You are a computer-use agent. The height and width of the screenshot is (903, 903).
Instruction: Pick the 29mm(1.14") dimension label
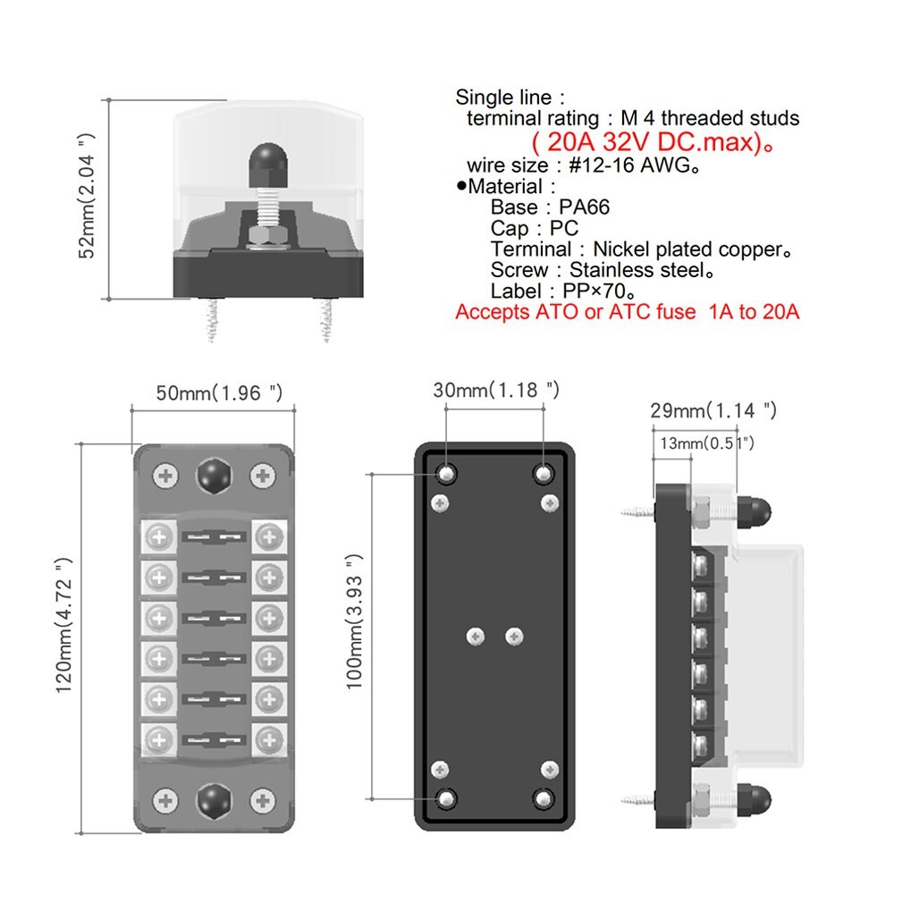point(713,410)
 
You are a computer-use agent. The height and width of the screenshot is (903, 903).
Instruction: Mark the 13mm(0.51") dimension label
point(706,443)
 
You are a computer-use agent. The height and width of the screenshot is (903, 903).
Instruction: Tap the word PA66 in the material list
point(585,207)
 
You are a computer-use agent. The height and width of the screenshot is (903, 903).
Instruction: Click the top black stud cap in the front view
point(213,476)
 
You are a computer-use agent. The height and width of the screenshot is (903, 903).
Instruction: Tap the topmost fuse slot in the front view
point(213,537)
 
